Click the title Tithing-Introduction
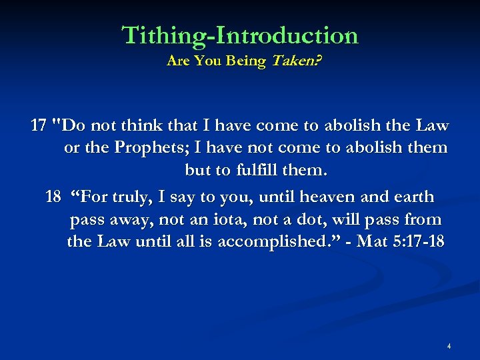point(240,35)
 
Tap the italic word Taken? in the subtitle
point(294,61)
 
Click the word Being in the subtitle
point(244,61)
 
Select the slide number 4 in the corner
point(449,346)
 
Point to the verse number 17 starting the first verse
point(39,125)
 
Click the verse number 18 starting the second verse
point(53,197)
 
